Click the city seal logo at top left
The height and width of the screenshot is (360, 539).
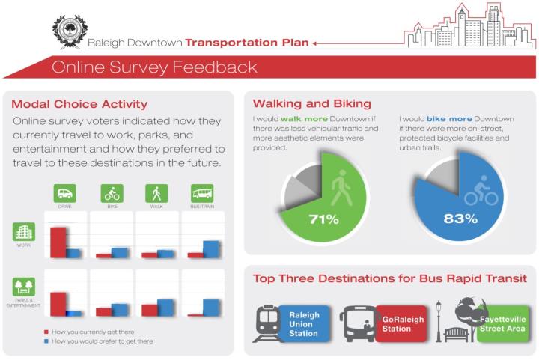[x=70, y=32]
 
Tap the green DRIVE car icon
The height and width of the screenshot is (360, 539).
[x=64, y=193]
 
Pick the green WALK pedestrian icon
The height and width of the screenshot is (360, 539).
[x=156, y=193]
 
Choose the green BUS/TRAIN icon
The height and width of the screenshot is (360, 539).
[x=202, y=193]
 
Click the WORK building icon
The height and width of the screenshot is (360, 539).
[x=23, y=233]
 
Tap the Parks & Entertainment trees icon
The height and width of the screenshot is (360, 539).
[x=23, y=287]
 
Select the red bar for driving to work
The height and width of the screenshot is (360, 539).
[x=57, y=242]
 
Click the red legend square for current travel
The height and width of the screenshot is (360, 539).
[x=46, y=331]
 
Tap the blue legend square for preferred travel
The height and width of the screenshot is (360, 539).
[x=46, y=341]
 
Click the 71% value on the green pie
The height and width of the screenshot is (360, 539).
[x=323, y=219]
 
